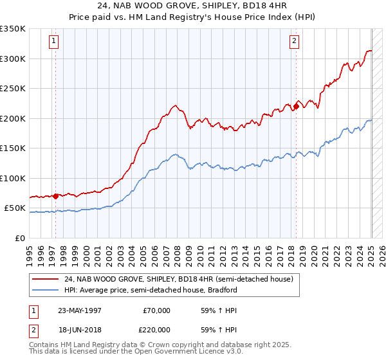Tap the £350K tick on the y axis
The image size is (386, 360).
pyautogui.click(x=13, y=29)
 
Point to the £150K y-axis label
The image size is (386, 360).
pyautogui.click(x=13, y=148)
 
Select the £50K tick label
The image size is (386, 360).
pyautogui.click(x=15, y=208)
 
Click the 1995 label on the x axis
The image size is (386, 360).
pyautogui.click(x=30, y=251)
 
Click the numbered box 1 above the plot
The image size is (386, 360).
pyautogui.click(x=53, y=42)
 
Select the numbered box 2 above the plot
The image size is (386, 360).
pyautogui.click(x=294, y=42)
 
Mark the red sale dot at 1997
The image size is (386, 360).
pyautogui.click(x=56, y=196)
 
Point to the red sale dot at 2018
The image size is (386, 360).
pyautogui.click(x=296, y=106)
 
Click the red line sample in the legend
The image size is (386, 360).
pyautogui.click(x=45, y=280)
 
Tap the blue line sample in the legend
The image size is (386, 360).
pyautogui.click(x=45, y=290)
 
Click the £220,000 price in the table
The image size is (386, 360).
pyautogui.click(x=157, y=329)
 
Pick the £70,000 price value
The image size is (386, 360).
pyautogui.click(x=157, y=310)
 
